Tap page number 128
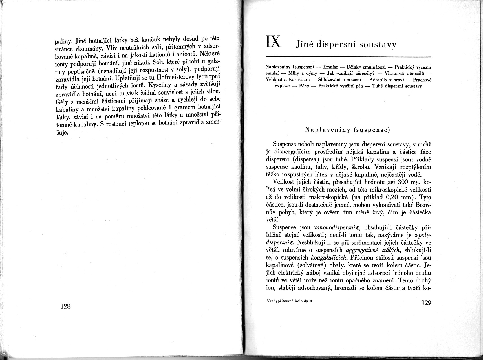[x=65, y=306]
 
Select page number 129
[x=426, y=303]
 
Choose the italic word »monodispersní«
[x=336, y=227]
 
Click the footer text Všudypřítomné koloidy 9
[x=289, y=301]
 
